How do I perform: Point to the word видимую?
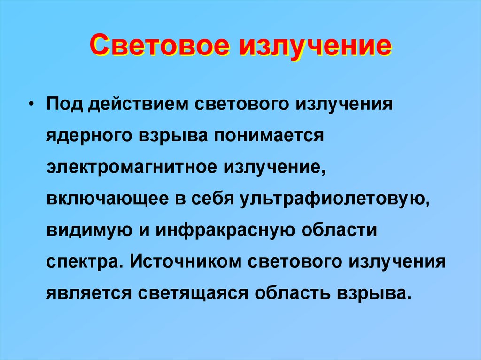click(84, 230)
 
